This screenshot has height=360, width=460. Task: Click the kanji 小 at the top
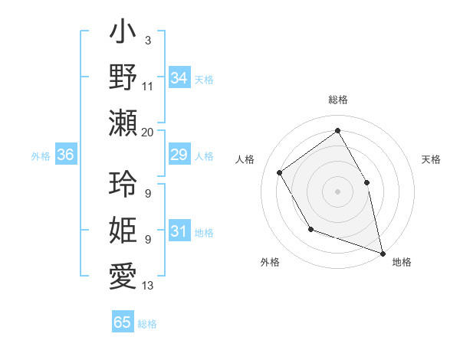coord(123,35)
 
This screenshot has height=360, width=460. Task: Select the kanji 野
coord(123,77)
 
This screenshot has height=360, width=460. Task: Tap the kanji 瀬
coord(123,123)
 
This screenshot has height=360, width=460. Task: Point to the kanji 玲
coord(123,184)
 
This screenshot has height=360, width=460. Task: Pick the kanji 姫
coord(123,230)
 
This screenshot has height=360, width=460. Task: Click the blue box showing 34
coord(179,78)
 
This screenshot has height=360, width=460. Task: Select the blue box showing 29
coord(179,155)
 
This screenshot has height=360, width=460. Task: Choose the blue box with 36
coord(65,155)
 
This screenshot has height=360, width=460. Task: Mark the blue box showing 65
coord(123,322)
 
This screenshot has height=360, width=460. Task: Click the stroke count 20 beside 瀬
coord(148,132)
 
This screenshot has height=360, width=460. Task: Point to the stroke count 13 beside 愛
coord(148,286)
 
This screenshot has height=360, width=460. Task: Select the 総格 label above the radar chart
coord(338,100)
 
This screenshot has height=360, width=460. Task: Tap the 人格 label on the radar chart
coord(245,159)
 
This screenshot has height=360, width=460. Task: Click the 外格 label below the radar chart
coord(270,263)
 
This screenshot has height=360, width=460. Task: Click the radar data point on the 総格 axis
coord(337,130)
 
